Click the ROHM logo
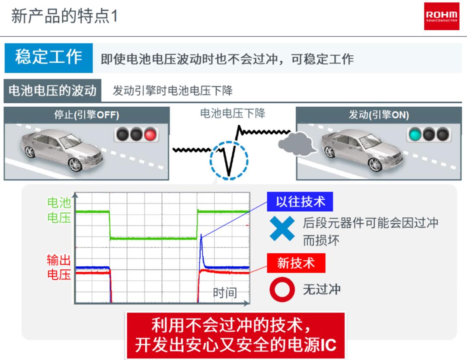click(x=441, y=16)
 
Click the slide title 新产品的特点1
click(x=64, y=16)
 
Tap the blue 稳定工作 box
click(x=48, y=58)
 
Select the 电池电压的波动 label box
click(x=52, y=90)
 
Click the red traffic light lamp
click(x=150, y=134)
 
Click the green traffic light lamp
click(x=415, y=134)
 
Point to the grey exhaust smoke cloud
click(x=297, y=144)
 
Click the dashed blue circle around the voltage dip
click(x=229, y=141)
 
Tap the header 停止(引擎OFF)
click(x=86, y=115)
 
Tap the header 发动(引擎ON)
click(x=379, y=115)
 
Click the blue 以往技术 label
click(x=300, y=201)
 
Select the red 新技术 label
click(x=296, y=263)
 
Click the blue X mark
click(x=282, y=228)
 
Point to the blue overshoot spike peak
click(x=202, y=235)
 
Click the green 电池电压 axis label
click(x=59, y=210)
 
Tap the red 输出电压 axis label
click(x=59, y=267)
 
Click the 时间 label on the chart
click(x=225, y=293)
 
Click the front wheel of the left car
click(x=75, y=165)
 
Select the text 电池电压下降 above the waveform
click(x=233, y=114)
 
